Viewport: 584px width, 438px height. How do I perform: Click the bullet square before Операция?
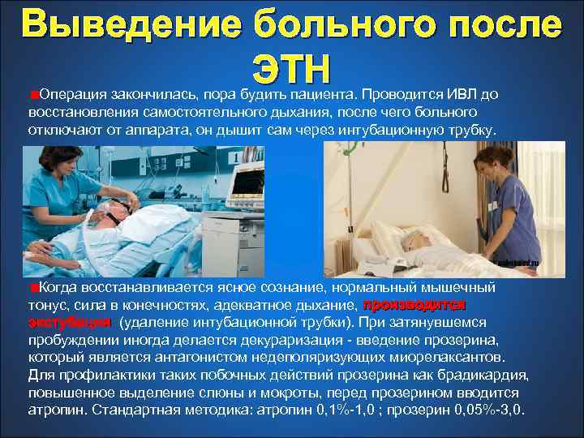point(31,94)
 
